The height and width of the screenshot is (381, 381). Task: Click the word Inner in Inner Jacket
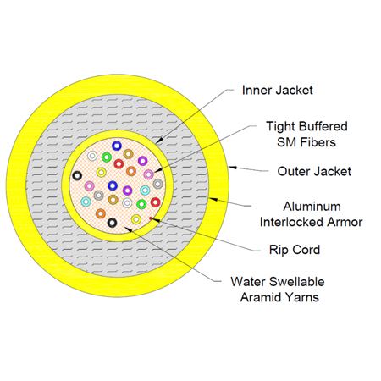tap(257, 91)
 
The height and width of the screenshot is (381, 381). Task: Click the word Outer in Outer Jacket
tap(294, 171)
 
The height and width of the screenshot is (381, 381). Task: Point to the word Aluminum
tap(312, 207)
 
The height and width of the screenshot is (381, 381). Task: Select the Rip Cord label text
tap(295, 250)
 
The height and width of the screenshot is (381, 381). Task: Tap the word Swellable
tap(299, 282)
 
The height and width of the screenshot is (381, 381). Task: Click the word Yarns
tap(302, 297)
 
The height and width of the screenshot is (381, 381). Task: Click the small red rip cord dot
tap(151, 218)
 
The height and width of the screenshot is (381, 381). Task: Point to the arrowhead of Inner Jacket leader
tap(158, 141)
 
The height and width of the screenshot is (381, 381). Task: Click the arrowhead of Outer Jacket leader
tap(232, 168)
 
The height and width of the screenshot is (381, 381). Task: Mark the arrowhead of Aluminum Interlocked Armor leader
tap(213, 199)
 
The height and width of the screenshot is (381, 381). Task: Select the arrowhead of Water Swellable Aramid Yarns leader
tap(128, 229)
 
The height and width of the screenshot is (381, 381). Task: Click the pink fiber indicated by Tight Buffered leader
tap(148, 174)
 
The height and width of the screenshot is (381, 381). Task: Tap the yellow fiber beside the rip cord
tap(136, 219)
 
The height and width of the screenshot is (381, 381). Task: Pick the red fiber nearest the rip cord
tap(155, 202)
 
